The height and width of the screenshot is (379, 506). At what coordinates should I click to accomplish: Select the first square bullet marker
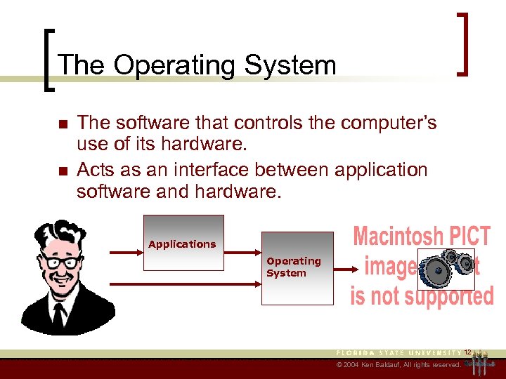click(x=62, y=125)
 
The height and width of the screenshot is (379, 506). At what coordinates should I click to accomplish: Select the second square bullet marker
click(x=62, y=171)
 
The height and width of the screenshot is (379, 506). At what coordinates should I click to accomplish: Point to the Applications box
click(x=183, y=243)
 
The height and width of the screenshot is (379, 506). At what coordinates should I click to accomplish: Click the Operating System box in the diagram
click(x=297, y=268)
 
